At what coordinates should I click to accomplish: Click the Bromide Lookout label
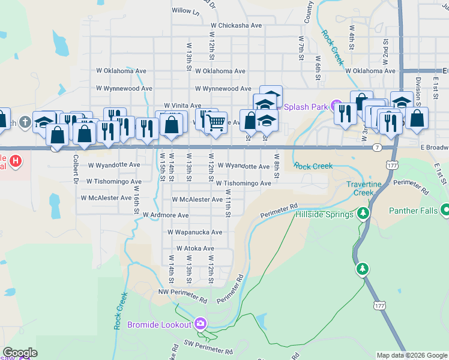click(160, 325)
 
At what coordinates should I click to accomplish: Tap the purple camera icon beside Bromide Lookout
click(200, 324)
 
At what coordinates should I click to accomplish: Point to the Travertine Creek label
click(369, 188)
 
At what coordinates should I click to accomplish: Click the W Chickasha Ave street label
click(236, 26)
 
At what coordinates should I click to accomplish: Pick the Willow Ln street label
click(185, 11)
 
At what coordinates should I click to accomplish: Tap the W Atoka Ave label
click(195, 248)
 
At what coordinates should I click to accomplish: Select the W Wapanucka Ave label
click(195, 232)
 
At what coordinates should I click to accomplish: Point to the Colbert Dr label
click(76, 169)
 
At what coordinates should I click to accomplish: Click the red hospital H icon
click(16, 161)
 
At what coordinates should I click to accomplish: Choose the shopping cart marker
click(216, 122)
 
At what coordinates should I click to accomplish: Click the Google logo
click(20, 353)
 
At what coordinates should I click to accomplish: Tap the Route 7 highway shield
click(376, 147)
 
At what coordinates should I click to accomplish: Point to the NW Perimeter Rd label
click(182, 292)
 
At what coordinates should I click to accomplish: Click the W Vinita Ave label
click(182, 105)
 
